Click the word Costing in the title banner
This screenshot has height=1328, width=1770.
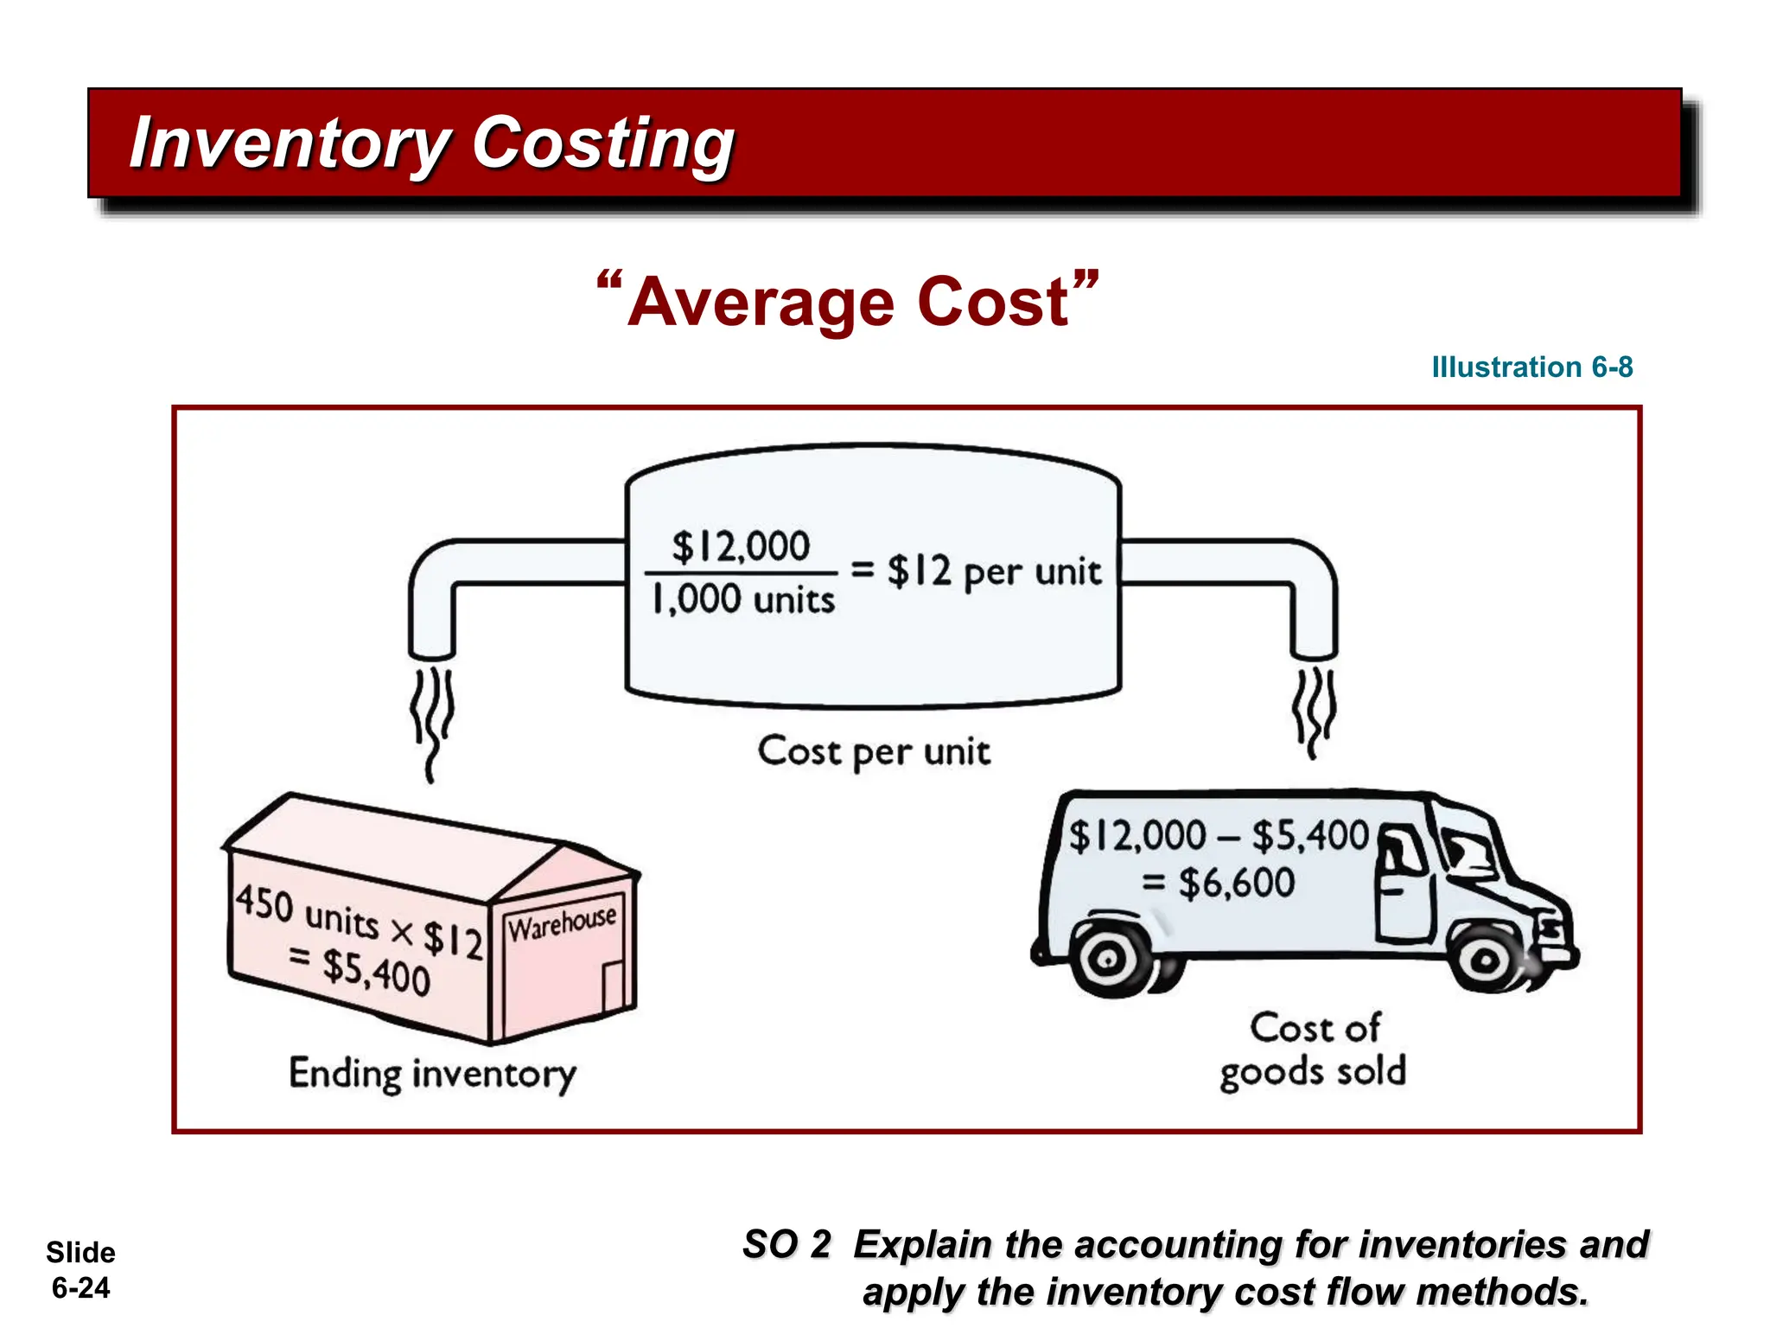603,144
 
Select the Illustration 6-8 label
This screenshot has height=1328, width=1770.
1531,367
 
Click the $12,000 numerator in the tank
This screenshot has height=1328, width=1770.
741,546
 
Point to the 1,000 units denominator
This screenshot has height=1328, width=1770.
742,599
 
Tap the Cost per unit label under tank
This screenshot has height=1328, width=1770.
873,751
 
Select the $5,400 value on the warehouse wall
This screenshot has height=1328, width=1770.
376,972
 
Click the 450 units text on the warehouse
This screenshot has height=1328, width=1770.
307,912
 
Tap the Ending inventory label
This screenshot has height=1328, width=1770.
432,1074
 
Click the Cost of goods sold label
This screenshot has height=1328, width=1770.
1313,1050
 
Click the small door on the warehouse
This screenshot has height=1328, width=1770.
613,986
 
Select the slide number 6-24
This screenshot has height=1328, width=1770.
80,1288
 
